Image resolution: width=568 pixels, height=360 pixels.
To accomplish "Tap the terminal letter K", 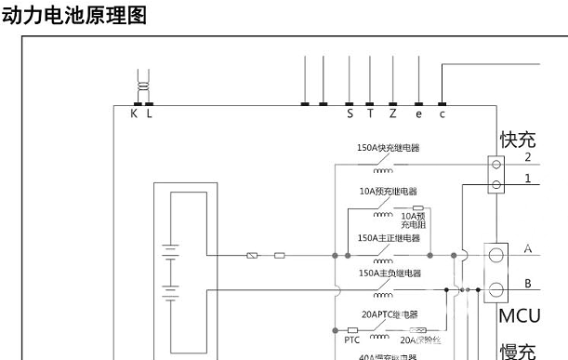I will point(134,113).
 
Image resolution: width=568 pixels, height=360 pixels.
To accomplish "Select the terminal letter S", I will point(350,113).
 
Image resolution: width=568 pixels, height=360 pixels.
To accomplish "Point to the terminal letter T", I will point(370,113).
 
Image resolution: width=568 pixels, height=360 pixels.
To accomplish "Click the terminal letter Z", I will point(393,113).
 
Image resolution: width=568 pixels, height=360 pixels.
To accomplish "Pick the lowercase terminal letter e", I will point(418,113).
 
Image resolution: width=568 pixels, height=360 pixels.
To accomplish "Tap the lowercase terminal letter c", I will point(443,113).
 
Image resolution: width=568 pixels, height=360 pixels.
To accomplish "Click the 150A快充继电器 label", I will point(388,148).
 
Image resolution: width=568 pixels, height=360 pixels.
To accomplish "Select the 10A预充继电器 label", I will point(388,191).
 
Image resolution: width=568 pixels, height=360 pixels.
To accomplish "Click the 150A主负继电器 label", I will point(389,273).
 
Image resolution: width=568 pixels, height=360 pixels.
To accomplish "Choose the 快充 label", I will point(519,140).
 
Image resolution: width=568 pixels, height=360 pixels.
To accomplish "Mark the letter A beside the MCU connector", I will point(528,249).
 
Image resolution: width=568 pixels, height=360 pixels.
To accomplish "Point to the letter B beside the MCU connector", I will point(528,283).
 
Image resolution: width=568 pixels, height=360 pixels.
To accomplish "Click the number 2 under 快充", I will point(526,158).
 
